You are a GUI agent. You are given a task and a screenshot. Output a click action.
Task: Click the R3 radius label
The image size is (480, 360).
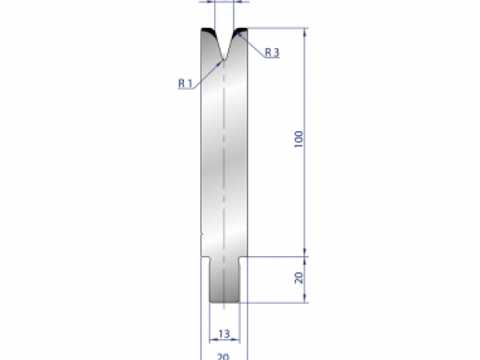pos(271,52)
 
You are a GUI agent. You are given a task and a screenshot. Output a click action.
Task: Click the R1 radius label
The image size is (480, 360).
pos(185,83)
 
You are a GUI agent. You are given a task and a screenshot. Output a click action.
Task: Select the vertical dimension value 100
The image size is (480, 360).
pos(298,141)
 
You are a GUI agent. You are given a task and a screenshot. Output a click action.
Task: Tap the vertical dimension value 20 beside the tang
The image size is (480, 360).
pos(298,278)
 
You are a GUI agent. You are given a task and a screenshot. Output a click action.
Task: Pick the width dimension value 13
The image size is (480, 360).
pos(224,333)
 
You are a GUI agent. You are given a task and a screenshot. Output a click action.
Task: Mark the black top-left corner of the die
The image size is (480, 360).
pos(207,33)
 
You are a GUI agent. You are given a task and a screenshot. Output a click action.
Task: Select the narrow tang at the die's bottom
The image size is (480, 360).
pos(224,280)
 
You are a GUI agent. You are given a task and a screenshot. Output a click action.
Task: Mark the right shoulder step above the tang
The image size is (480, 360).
pos(242,257)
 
